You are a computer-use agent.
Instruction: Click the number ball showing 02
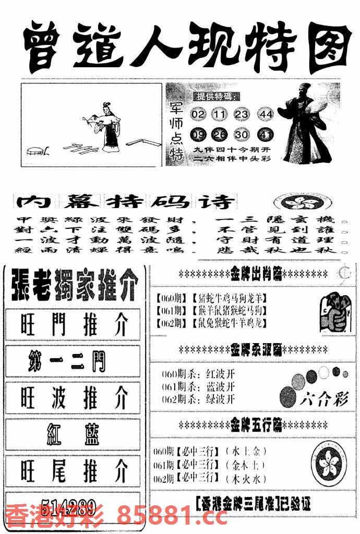click(x=198, y=114)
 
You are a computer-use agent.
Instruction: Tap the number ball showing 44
click(x=266, y=114)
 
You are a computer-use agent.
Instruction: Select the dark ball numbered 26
click(x=220, y=135)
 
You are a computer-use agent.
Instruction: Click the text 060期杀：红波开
click(x=197, y=373)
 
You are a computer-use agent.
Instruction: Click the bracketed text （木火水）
click(x=246, y=478)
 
